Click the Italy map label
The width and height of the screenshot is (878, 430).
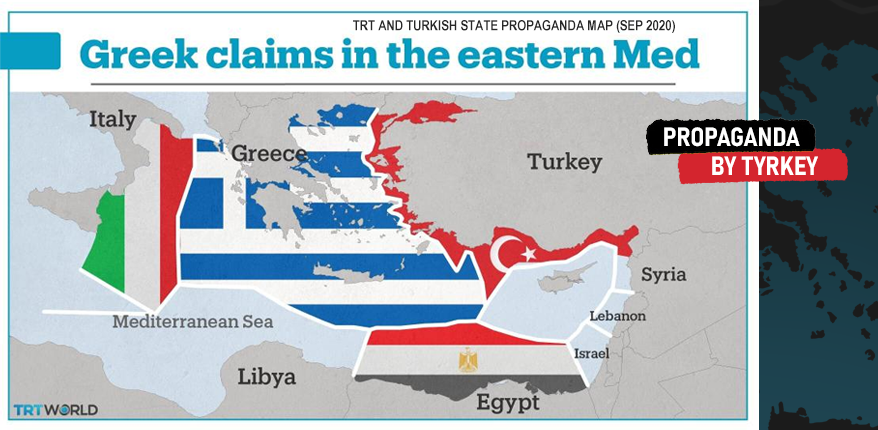(112, 120)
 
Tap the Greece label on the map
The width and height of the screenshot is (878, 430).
(268, 154)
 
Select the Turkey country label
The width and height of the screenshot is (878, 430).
(564, 162)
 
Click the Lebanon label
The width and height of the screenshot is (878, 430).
(617, 316)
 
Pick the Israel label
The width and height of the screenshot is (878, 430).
(591, 353)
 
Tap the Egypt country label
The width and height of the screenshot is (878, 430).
(507, 403)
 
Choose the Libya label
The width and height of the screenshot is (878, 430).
(266, 377)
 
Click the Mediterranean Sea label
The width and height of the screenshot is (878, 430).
(192, 322)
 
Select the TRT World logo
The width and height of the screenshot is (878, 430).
(55, 410)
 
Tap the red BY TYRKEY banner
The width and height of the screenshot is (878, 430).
(763, 167)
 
